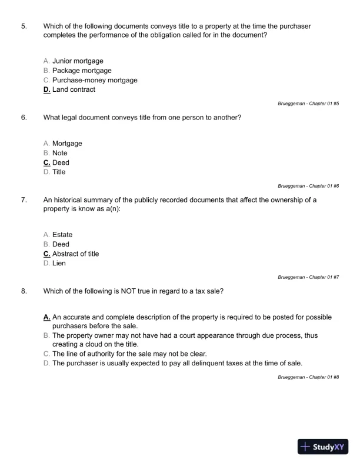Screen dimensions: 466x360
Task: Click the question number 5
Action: tap(24, 26)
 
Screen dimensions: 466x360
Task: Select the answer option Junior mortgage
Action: tap(78, 61)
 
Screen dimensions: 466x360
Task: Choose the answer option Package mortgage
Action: tap(82, 71)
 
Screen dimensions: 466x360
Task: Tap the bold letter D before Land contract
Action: tap(46, 89)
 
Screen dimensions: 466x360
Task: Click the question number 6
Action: tap(24, 117)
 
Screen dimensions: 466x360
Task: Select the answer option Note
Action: tap(59, 153)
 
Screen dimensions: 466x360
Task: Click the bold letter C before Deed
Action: tap(46, 162)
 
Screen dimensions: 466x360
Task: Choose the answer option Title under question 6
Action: tap(59, 172)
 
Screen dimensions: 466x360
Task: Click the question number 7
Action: tap(24, 199)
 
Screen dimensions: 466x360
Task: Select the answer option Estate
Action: tap(62, 235)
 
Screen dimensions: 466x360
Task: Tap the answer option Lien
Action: tap(59, 263)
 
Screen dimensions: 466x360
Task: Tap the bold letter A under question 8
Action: tap(46, 317)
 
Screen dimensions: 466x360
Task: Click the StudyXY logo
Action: tap(324, 447)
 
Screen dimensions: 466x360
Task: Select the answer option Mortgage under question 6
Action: tap(67, 144)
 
